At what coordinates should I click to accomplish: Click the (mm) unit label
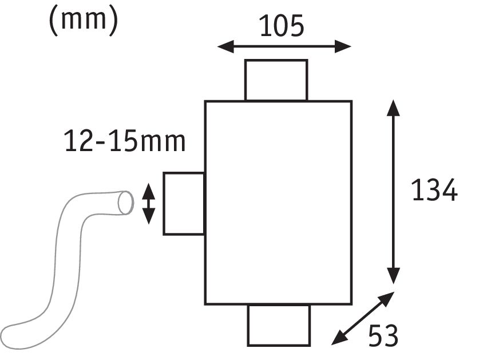pyautogui.click(x=84, y=19)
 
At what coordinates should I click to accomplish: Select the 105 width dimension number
pyautogui.click(x=282, y=26)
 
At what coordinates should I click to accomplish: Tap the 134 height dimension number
pyautogui.click(x=435, y=190)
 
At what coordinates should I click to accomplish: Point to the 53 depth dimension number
pyautogui.click(x=383, y=335)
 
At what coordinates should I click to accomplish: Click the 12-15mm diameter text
pyautogui.click(x=125, y=141)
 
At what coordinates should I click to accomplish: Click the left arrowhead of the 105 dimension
pyautogui.click(x=226, y=46)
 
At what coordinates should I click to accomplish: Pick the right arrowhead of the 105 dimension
pyautogui.click(x=343, y=46)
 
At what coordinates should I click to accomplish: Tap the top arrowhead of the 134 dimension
pyautogui.click(x=393, y=108)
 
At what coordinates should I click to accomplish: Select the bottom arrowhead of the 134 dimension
pyautogui.click(x=393, y=276)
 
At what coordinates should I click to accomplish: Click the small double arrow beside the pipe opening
pyautogui.click(x=148, y=204)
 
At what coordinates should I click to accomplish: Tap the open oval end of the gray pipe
pyautogui.click(x=125, y=203)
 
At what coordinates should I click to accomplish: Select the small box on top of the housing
pyautogui.click(x=276, y=80)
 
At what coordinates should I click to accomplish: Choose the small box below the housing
pyautogui.click(x=279, y=325)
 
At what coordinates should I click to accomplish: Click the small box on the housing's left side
pyautogui.click(x=184, y=203)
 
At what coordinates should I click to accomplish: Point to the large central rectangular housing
pyautogui.click(x=278, y=203)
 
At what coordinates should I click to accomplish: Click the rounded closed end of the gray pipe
pyautogui.click(x=13, y=337)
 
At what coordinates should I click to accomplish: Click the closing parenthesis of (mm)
pyautogui.click(x=114, y=21)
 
